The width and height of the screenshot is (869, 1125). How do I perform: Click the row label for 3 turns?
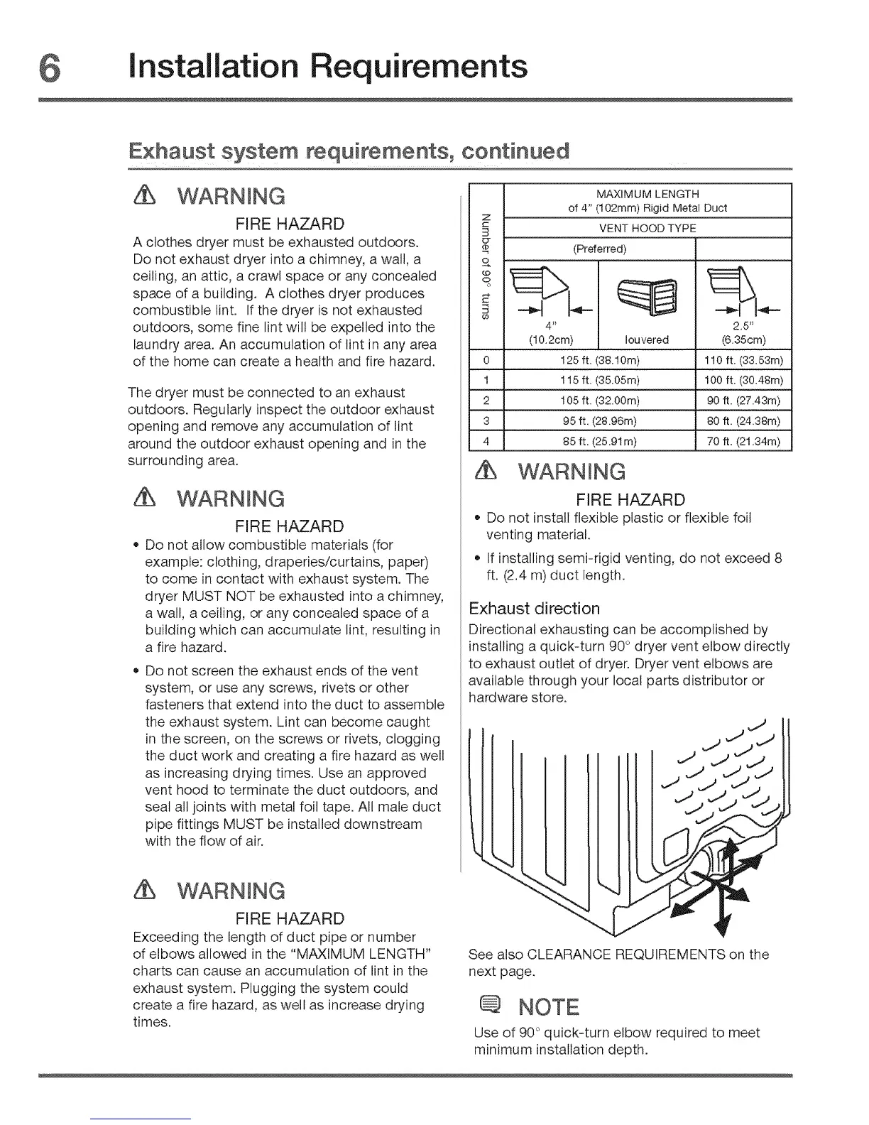pyautogui.click(x=486, y=425)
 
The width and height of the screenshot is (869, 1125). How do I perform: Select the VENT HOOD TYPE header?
pyautogui.click(x=647, y=228)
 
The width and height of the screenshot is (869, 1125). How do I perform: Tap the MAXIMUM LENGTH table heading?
pyautogui.click(x=647, y=194)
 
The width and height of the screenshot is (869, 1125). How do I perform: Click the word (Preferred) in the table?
pyautogui.click(x=599, y=249)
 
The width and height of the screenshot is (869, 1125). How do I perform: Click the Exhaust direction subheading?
pyautogui.click(x=535, y=609)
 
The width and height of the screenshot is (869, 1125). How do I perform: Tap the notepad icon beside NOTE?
pyautogui.click(x=492, y=1006)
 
